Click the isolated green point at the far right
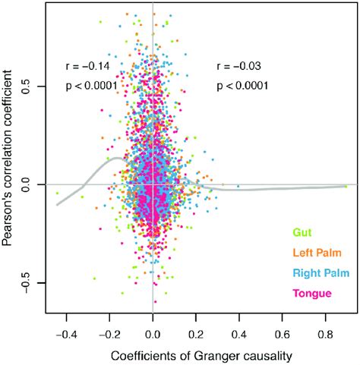tap(346, 185)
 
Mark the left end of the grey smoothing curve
tap(56, 205)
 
